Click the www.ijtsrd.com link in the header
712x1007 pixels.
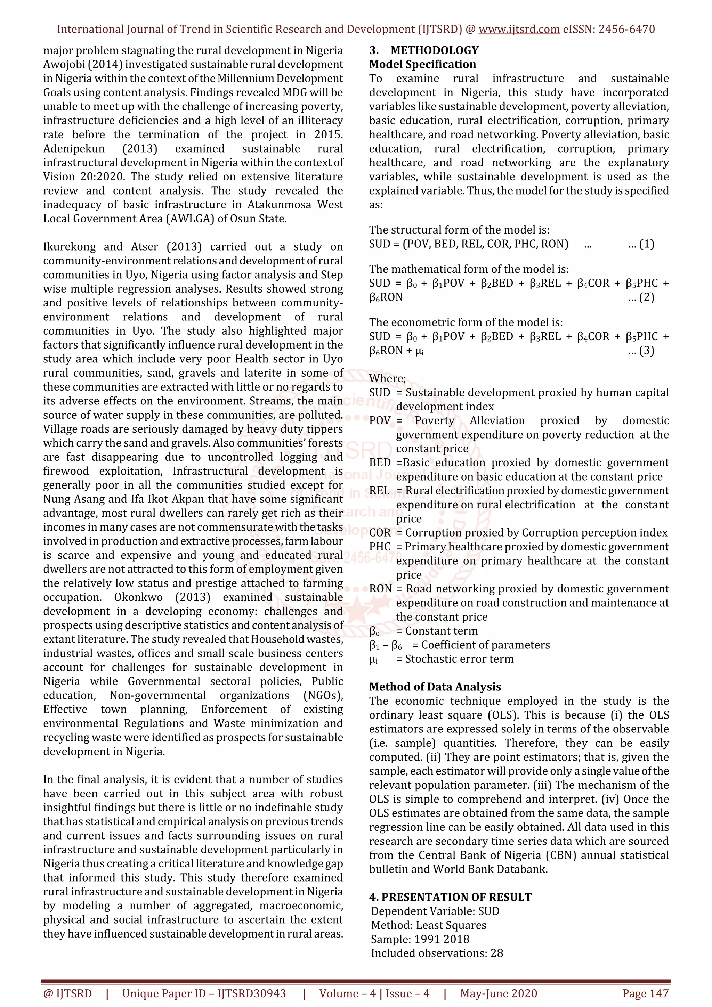(x=519, y=30)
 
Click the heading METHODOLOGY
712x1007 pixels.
(x=434, y=50)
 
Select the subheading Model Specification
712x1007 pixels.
(x=422, y=65)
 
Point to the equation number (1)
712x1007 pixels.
(x=646, y=244)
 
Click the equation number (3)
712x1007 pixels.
(x=646, y=351)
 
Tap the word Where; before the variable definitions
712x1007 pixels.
(x=387, y=378)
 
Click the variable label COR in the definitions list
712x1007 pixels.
(x=380, y=533)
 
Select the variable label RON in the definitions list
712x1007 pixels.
(x=380, y=589)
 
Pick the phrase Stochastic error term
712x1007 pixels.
(x=459, y=659)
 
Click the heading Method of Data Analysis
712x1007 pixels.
(x=435, y=687)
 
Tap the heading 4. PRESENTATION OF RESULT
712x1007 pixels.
(x=450, y=897)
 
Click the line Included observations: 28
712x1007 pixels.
(x=437, y=953)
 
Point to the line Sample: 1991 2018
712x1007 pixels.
(x=420, y=940)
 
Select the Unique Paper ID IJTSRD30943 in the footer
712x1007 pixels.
(x=204, y=993)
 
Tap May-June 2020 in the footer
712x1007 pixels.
(x=498, y=993)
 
